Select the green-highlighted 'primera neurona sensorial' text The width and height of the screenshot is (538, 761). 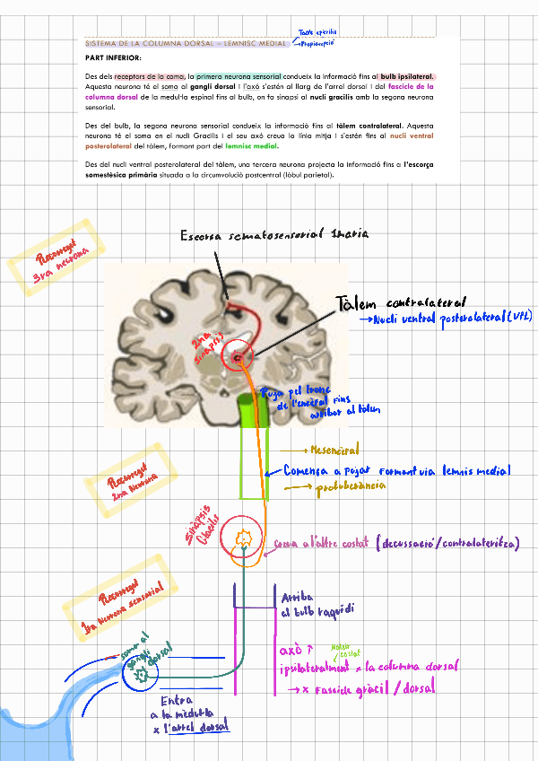point(239,76)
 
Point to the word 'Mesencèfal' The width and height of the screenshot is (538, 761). point(333,450)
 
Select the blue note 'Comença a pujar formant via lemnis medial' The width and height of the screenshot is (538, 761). point(396,470)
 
